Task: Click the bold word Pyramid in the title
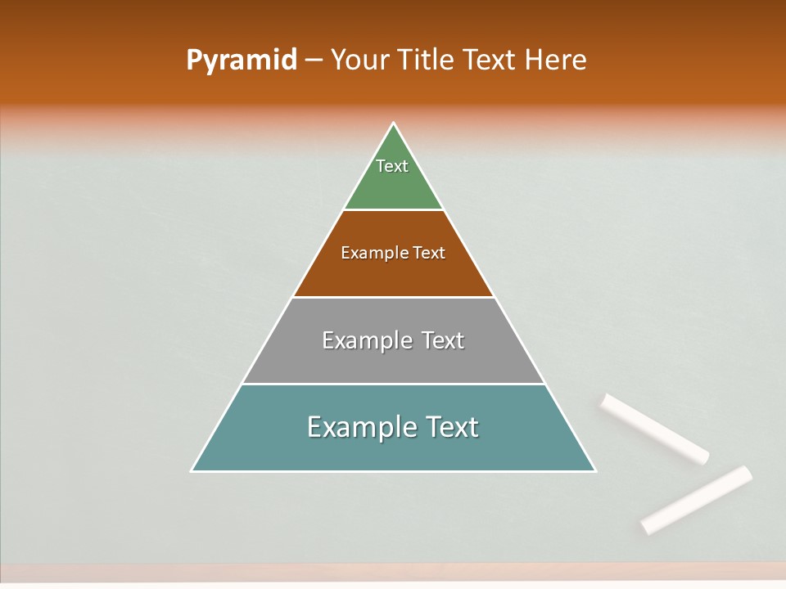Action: (x=242, y=61)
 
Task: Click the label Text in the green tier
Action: (x=392, y=166)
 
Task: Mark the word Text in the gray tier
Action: (x=443, y=340)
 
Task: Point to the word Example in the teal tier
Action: (x=360, y=427)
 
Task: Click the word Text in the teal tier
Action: (x=451, y=427)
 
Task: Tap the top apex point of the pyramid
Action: (x=394, y=124)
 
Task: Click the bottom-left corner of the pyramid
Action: (x=192, y=470)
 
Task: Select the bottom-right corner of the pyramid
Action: (x=594, y=470)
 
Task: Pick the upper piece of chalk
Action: (x=654, y=429)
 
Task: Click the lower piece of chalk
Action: (x=697, y=499)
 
